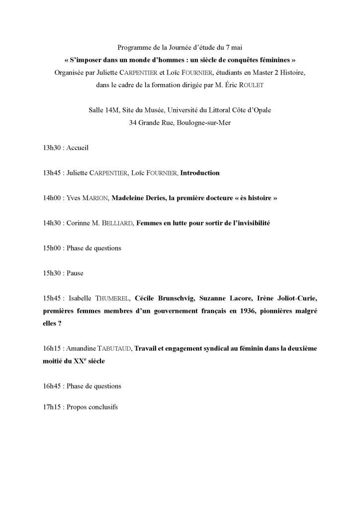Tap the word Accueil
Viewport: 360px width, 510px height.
pos(76,148)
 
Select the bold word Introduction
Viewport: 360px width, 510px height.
pos(199,174)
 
